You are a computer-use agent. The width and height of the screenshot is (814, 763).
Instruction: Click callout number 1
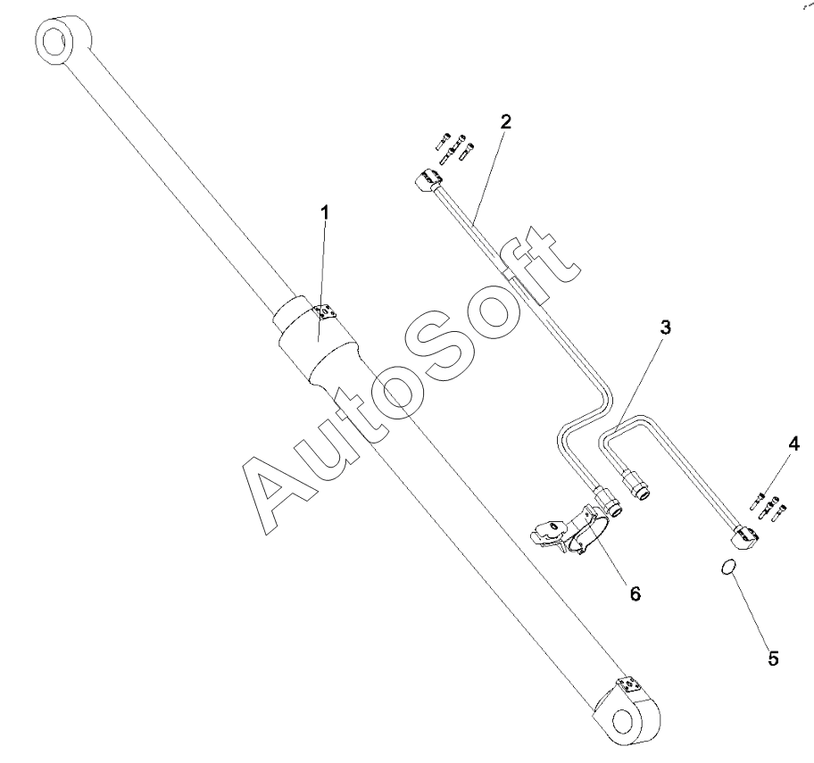(x=325, y=212)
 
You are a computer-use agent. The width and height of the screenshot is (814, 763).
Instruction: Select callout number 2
(x=505, y=123)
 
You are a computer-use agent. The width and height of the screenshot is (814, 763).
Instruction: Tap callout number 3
(x=665, y=328)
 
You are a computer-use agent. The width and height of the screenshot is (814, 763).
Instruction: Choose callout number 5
(x=773, y=659)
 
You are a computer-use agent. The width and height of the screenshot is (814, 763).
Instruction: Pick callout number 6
(x=635, y=592)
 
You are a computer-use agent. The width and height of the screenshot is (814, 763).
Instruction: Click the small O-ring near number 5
(x=728, y=567)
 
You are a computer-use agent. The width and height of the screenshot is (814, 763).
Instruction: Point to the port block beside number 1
(x=325, y=310)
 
